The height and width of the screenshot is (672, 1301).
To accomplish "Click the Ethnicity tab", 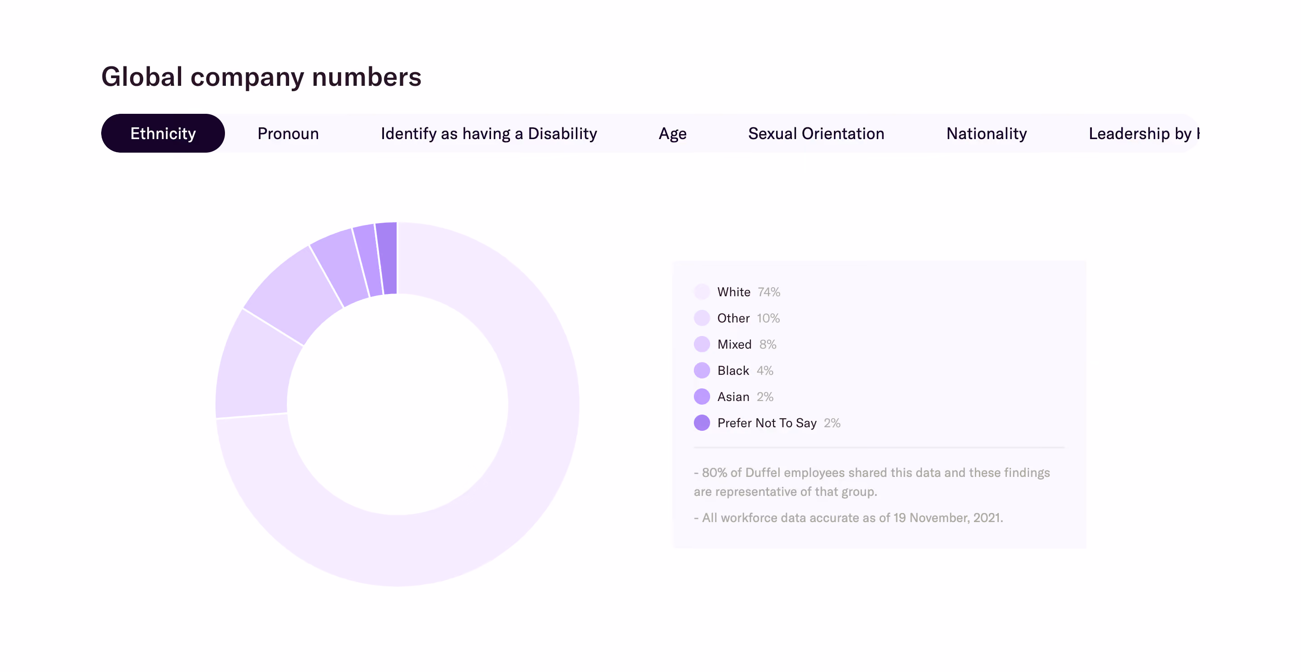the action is [x=163, y=133].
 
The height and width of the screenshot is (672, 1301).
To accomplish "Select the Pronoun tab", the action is [x=288, y=133].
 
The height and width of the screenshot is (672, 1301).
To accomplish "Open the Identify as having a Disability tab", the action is [x=488, y=133].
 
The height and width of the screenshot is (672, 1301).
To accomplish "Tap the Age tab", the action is [x=672, y=134].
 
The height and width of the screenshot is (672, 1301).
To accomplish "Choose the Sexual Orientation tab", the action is [x=816, y=133].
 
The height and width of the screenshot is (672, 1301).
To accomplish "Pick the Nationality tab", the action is [x=986, y=133].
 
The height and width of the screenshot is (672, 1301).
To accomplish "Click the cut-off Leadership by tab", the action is [x=1144, y=133].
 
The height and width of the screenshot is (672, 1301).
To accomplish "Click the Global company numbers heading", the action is [x=261, y=77].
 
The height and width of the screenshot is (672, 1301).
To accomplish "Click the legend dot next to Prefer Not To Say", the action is [x=702, y=423].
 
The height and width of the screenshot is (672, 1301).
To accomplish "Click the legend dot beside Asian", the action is [x=702, y=397].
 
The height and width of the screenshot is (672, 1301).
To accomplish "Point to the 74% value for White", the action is [x=769, y=292].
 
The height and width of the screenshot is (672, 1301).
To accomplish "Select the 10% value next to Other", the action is [x=768, y=318].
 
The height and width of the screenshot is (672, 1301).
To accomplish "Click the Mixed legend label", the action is [x=735, y=344].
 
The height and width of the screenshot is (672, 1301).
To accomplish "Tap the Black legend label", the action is [x=733, y=371].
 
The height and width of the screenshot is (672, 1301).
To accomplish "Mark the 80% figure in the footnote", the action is [x=714, y=472].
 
